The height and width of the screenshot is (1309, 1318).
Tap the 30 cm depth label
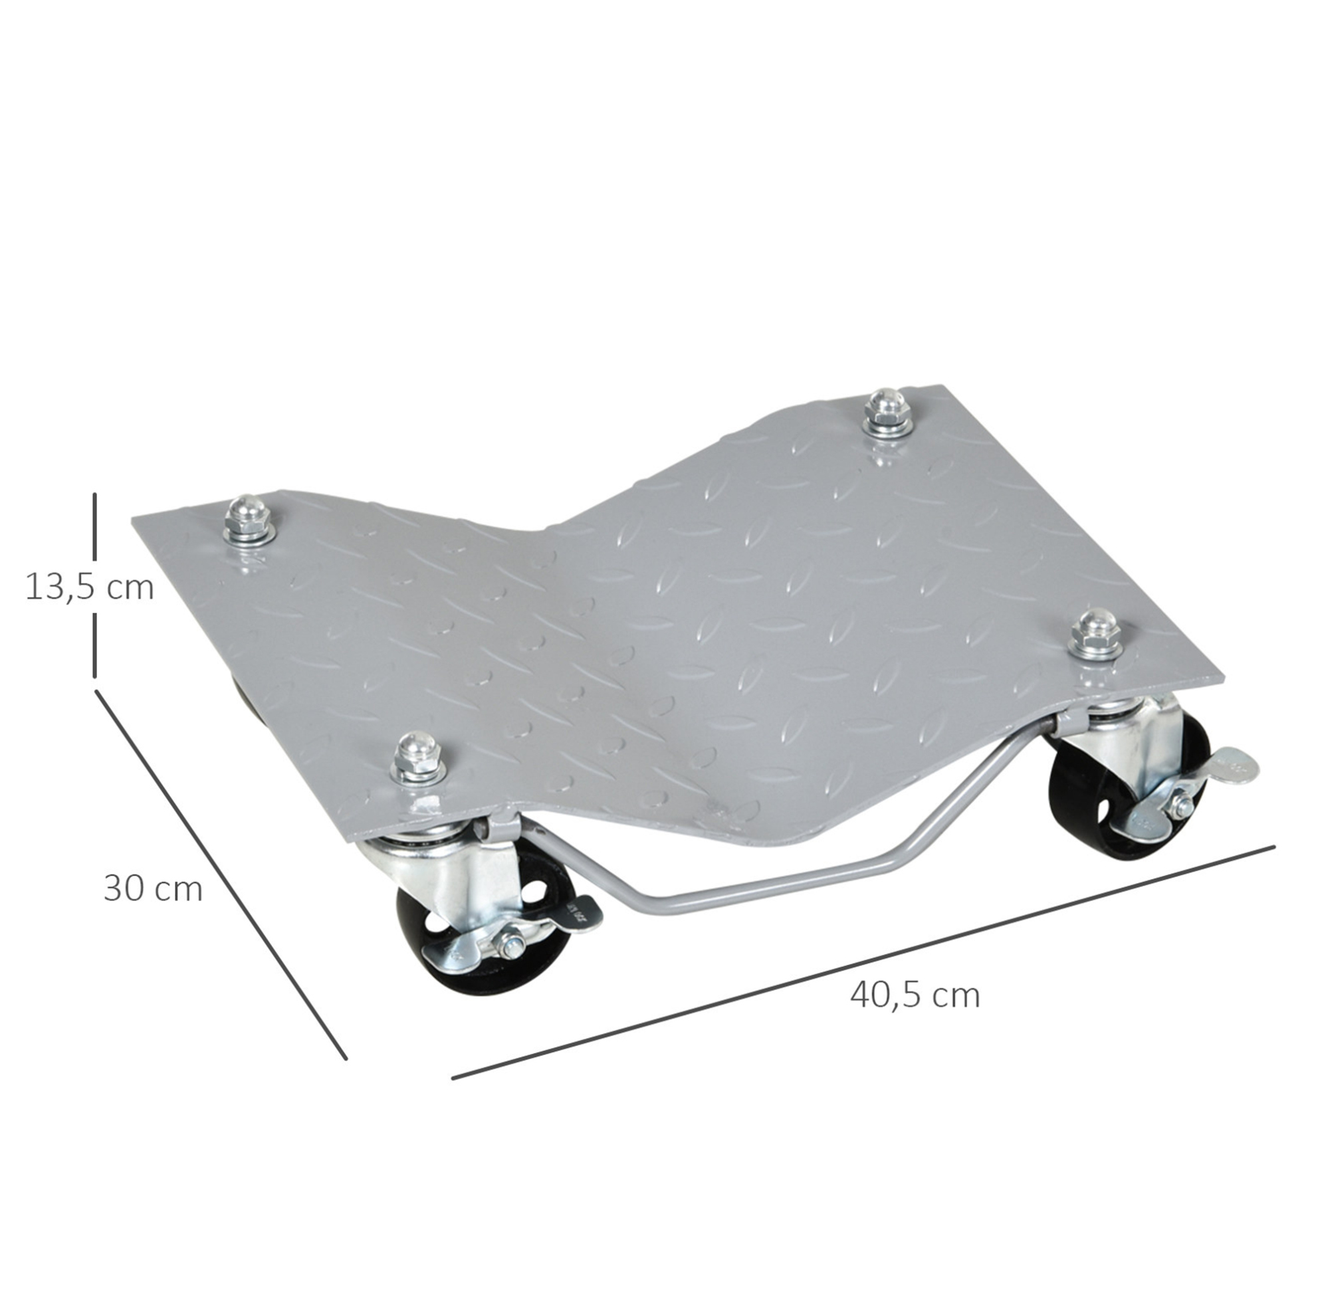(153, 890)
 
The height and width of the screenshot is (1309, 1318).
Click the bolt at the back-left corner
(249, 520)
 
